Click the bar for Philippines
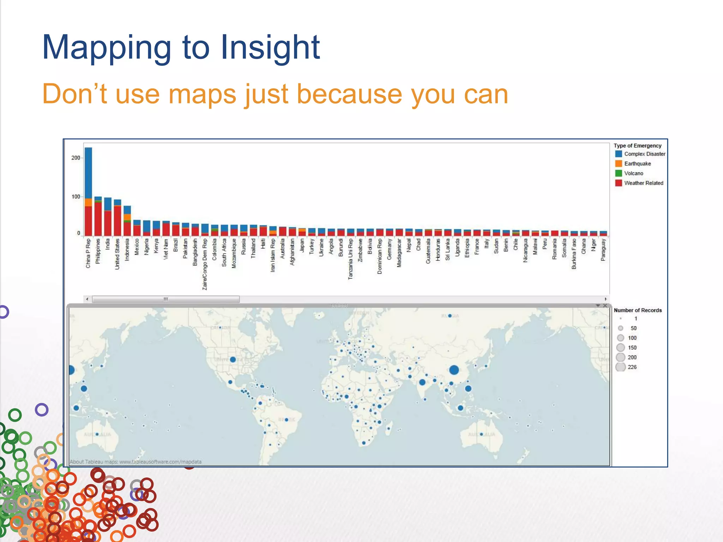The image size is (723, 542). click(98, 217)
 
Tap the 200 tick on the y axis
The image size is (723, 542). click(76, 158)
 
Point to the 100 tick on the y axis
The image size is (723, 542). click(76, 197)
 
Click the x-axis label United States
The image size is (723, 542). click(117, 254)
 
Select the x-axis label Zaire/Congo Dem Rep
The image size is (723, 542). click(205, 264)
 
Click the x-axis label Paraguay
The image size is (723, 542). click(603, 250)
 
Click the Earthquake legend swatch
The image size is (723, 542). click(619, 163)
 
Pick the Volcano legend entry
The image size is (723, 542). click(633, 173)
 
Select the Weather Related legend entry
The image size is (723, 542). click(643, 183)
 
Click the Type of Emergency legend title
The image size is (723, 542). click(637, 145)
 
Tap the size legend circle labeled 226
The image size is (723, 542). click(621, 367)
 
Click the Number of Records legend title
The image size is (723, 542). click(638, 310)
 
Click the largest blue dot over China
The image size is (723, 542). click(454, 370)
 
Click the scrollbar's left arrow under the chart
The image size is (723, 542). click(87, 299)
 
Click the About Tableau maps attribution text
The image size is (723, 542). click(136, 462)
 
